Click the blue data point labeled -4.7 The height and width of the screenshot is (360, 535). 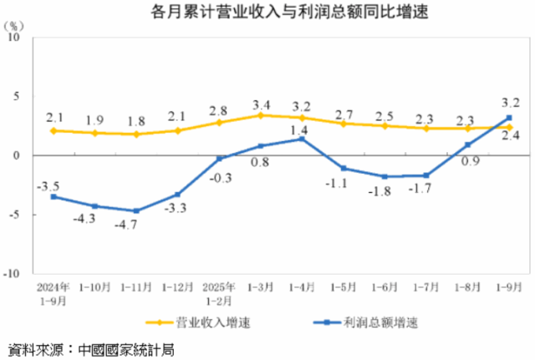click(136, 210)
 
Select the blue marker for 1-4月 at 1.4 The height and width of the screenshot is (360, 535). click(301, 139)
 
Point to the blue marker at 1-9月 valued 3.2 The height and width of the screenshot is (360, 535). click(509, 118)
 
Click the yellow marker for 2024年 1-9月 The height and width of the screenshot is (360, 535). click(53, 130)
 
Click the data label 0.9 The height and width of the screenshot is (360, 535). click(470, 161)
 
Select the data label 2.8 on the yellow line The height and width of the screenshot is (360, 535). click(219, 109)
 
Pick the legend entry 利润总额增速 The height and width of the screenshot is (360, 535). click(380, 322)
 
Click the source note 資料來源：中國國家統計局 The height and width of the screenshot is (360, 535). click(84, 347)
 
